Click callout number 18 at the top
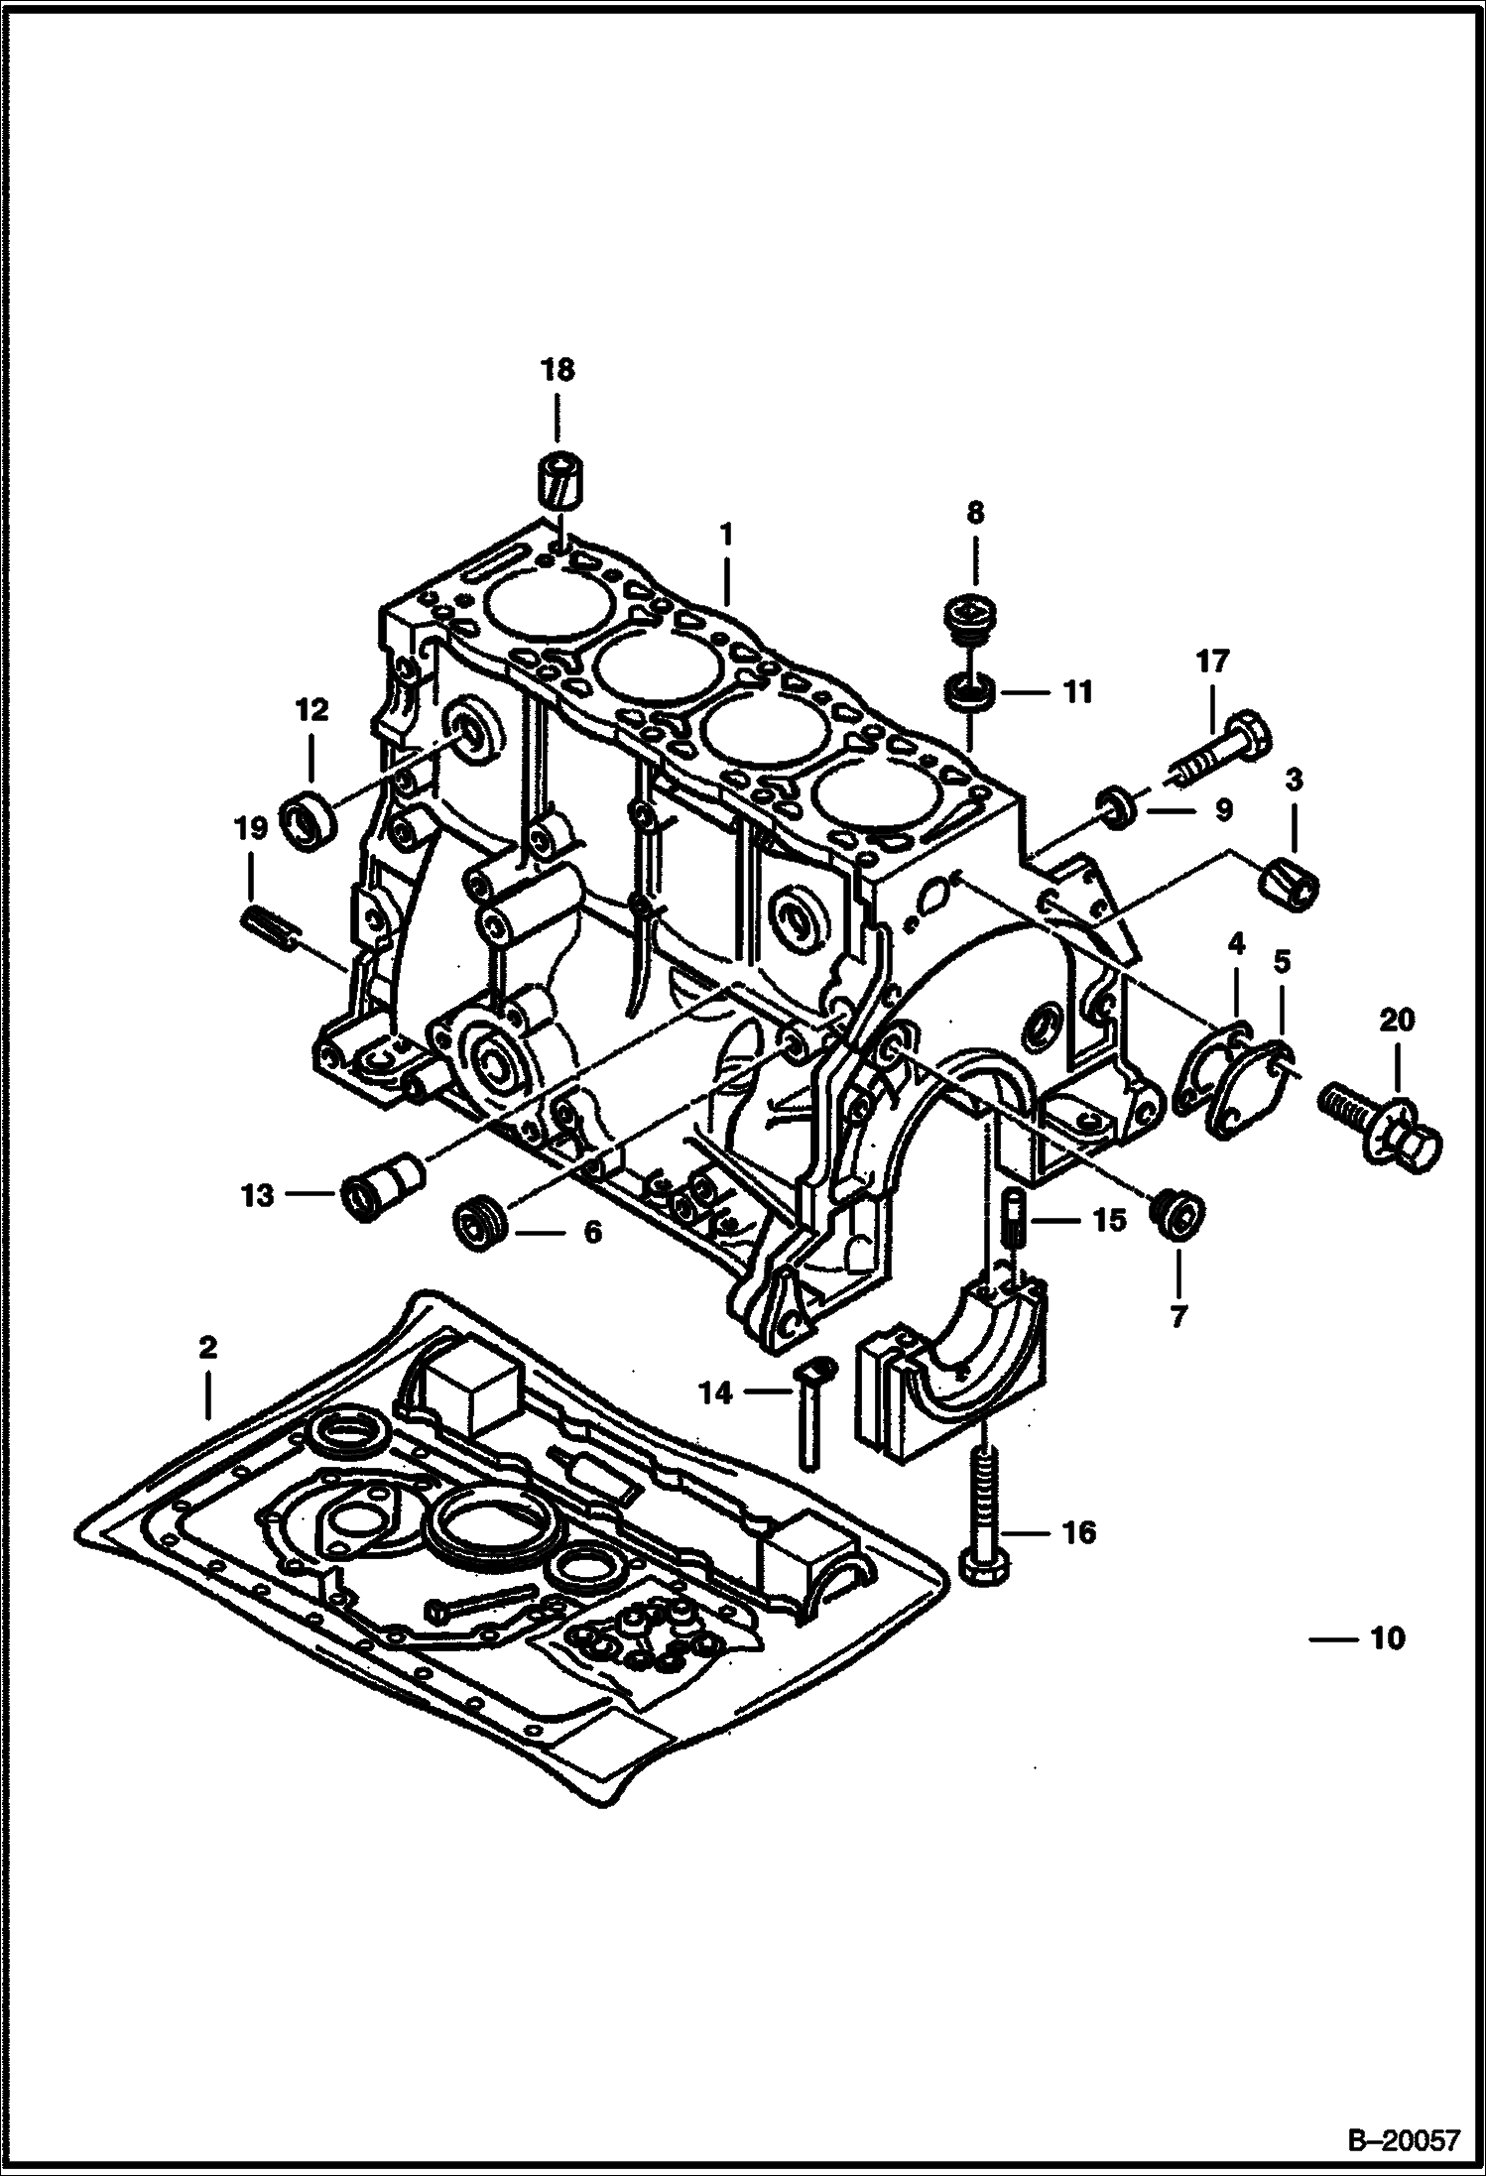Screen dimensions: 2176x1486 [x=557, y=371]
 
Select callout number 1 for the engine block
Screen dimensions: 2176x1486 [x=726, y=536]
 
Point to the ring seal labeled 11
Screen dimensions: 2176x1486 [x=969, y=691]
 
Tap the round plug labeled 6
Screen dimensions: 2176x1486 [x=481, y=1229]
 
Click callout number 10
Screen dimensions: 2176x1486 [x=1387, y=1637]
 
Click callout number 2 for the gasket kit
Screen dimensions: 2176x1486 [x=207, y=1348]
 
